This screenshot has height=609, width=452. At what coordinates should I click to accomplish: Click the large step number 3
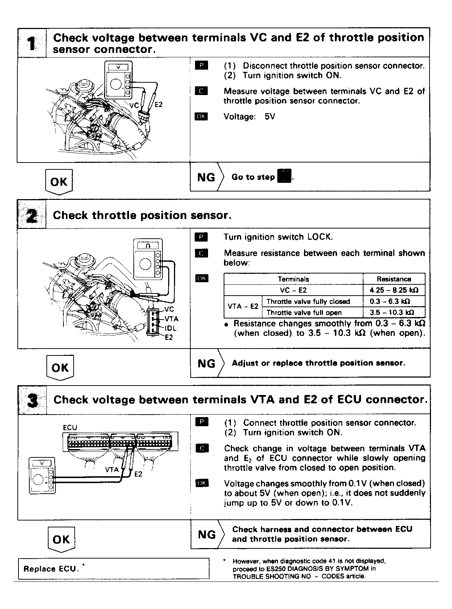32,400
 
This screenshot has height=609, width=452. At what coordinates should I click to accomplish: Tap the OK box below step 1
59,181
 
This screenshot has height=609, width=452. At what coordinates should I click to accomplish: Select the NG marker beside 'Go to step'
206,177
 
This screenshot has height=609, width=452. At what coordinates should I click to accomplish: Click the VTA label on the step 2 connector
171,319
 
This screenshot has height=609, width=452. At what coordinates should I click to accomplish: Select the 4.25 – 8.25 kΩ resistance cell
394,290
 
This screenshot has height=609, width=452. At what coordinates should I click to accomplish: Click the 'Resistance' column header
394,279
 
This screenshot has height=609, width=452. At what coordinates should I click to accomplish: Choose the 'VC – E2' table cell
293,290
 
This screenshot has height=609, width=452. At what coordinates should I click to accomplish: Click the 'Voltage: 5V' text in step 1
249,117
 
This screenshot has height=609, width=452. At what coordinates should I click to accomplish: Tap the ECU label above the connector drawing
70,427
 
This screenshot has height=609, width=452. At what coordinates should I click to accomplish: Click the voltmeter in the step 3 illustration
42,475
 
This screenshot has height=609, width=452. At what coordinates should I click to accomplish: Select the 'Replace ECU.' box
113,569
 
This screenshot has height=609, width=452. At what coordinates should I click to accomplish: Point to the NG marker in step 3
207,534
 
